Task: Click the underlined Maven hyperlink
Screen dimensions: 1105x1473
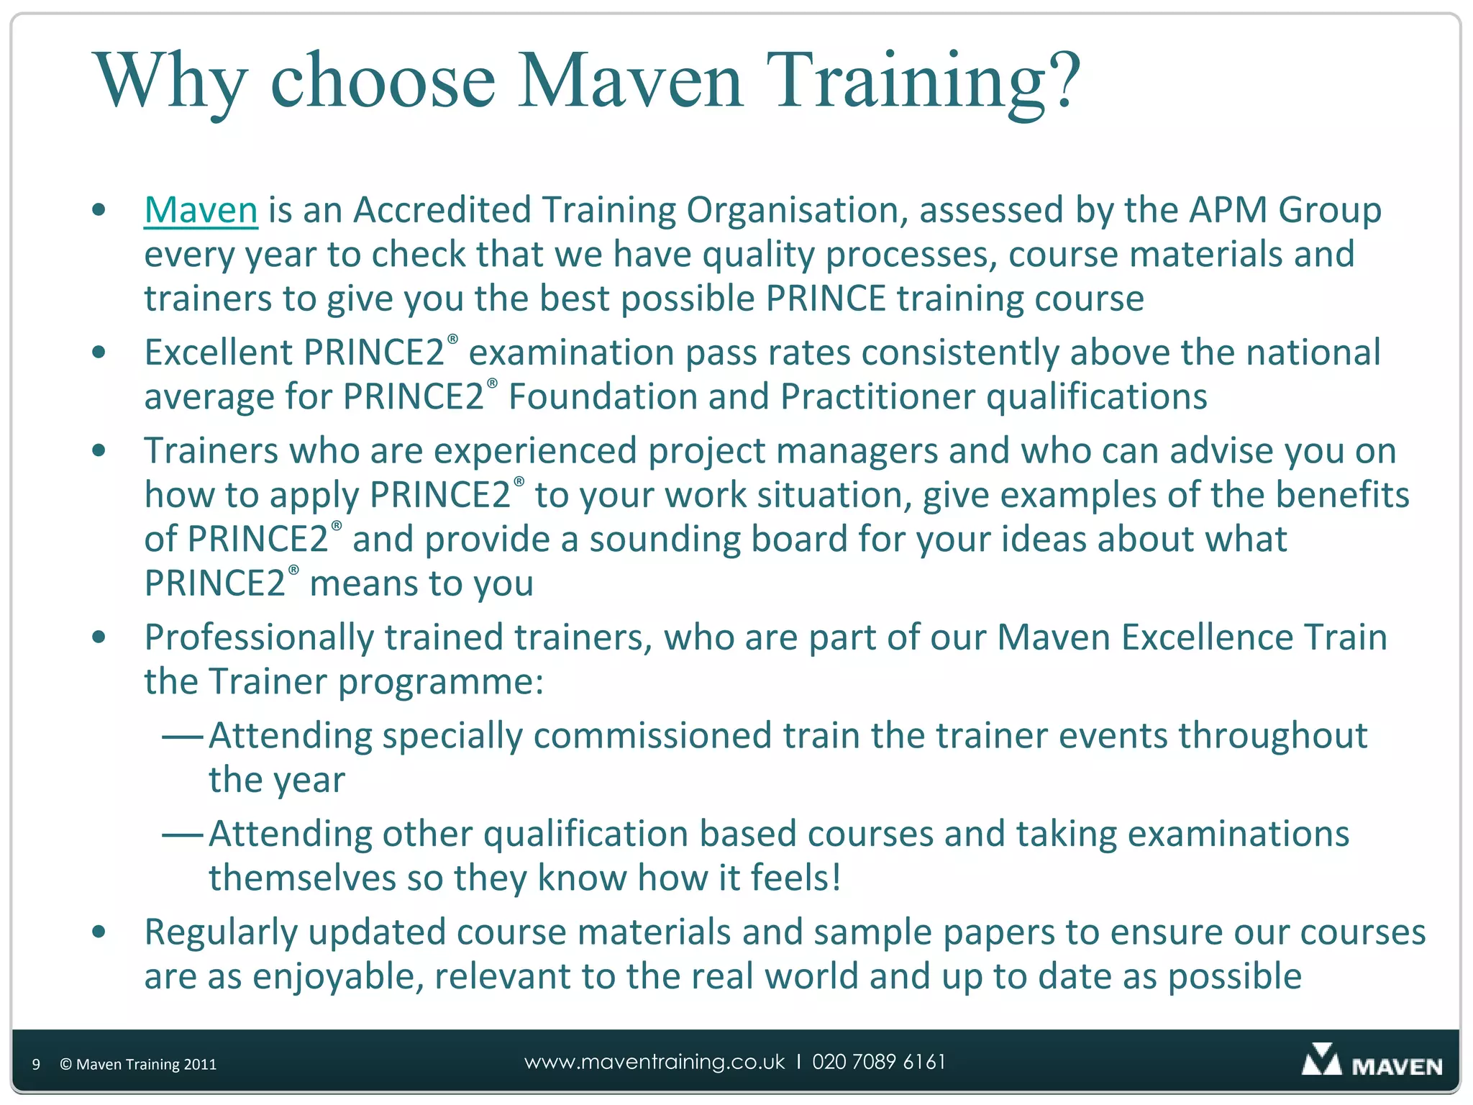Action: [201, 210]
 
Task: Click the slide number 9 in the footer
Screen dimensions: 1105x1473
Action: [36, 1064]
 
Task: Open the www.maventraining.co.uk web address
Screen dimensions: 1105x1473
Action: [655, 1062]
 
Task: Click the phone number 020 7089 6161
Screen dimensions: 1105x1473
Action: [878, 1062]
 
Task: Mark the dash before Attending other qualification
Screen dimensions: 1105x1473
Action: [183, 835]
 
